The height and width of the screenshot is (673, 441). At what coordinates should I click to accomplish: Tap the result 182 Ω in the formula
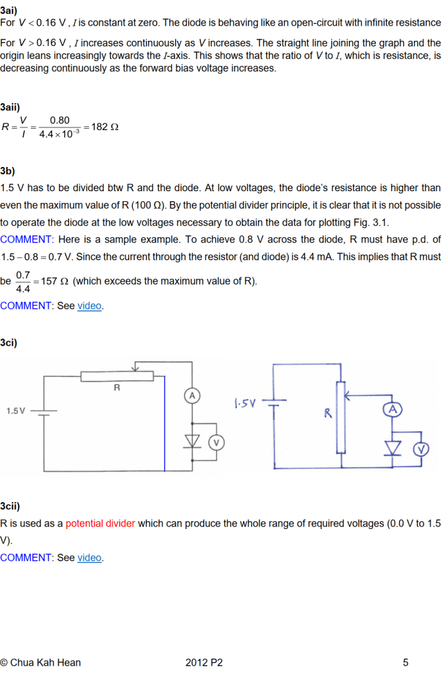(x=105, y=126)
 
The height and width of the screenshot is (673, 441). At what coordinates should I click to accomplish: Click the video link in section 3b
(x=90, y=306)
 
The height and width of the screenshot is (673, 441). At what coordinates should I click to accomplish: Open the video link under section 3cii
(x=90, y=558)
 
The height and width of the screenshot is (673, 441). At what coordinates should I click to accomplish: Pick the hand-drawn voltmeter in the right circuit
(x=420, y=449)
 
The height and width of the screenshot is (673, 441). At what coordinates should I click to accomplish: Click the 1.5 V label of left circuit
(x=16, y=411)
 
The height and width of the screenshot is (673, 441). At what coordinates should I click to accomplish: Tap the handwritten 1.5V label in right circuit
(x=245, y=402)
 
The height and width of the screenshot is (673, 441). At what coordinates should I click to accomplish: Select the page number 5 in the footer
(x=405, y=662)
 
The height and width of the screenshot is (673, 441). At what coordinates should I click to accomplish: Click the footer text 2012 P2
(x=204, y=662)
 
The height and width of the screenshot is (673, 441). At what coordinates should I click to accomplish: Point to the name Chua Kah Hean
(x=45, y=662)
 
